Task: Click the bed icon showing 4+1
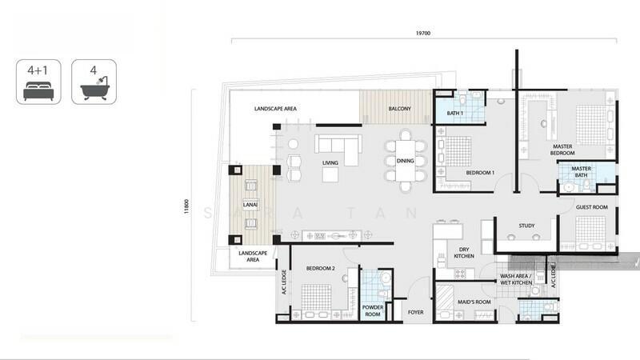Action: click(x=38, y=82)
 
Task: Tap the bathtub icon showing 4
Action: click(x=94, y=82)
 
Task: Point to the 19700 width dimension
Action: click(x=423, y=33)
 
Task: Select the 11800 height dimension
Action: click(x=186, y=206)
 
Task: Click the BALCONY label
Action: click(x=399, y=109)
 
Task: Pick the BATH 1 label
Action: click(x=454, y=113)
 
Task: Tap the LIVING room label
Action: click(x=330, y=163)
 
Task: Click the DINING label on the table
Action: click(x=406, y=161)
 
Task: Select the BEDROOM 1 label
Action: click(x=480, y=173)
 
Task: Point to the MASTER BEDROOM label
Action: click(x=562, y=150)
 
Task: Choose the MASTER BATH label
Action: click(x=582, y=171)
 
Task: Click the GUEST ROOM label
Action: click(x=592, y=207)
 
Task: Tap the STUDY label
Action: click(x=526, y=226)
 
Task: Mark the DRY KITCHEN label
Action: click(x=464, y=252)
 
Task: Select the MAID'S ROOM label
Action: click(x=474, y=302)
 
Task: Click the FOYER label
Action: click(x=415, y=312)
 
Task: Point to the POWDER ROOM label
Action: click(x=373, y=310)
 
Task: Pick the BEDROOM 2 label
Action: click(x=321, y=268)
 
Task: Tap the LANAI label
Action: click(x=250, y=205)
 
